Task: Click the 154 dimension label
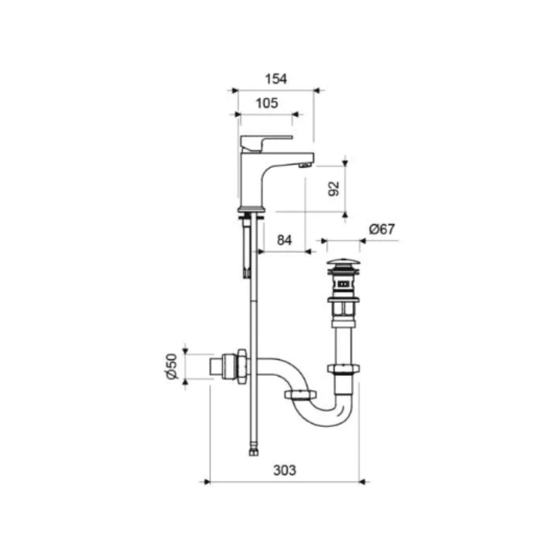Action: [x=276, y=79]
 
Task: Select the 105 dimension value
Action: [x=267, y=102]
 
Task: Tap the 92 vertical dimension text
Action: [x=334, y=188]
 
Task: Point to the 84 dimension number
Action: [x=283, y=240]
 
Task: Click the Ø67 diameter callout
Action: [x=382, y=229]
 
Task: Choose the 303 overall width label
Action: [x=284, y=470]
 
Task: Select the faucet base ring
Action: [x=252, y=209]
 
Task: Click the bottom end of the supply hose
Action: [x=253, y=451]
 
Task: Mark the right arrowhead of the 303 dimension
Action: [x=360, y=481]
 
